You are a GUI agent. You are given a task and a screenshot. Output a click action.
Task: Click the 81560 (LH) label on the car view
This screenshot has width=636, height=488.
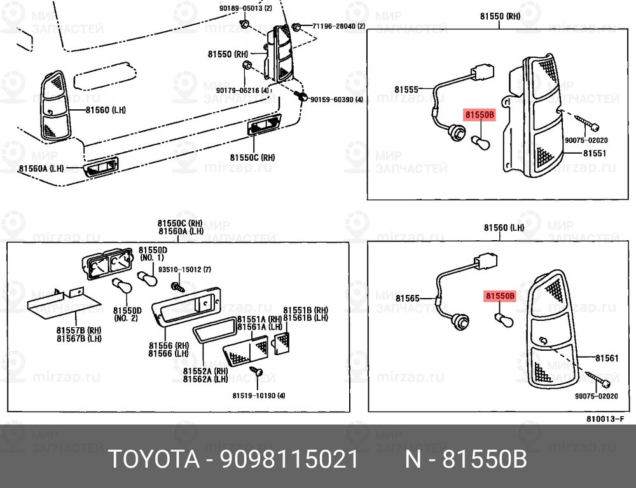(x=106, y=110)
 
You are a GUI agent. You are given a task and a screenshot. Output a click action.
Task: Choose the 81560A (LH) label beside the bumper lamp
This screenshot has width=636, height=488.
(x=41, y=168)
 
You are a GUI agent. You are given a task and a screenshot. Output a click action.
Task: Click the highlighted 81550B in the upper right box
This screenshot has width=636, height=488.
(x=479, y=115)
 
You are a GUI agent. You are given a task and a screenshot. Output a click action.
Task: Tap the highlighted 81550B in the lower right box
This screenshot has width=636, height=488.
(x=500, y=295)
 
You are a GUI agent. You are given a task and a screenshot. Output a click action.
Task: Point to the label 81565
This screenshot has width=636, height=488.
(x=407, y=298)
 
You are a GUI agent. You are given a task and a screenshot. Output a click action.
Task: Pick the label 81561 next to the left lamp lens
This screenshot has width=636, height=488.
(x=607, y=358)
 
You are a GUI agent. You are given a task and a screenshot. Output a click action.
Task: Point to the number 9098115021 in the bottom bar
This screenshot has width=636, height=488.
(x=290, y=459)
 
